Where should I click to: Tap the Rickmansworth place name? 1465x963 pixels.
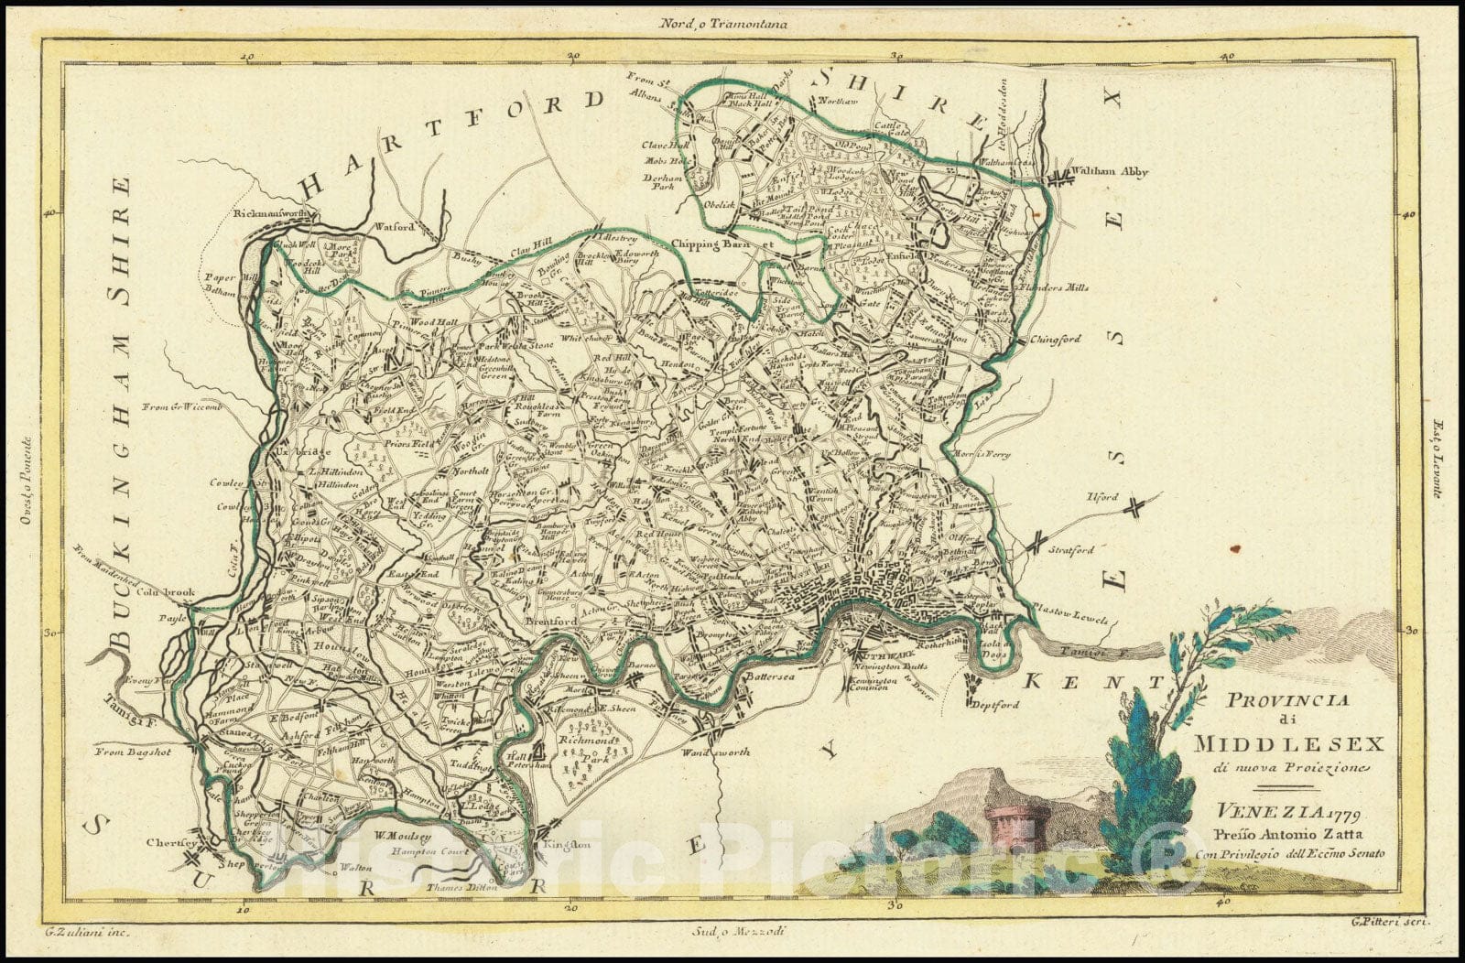click(274, 212)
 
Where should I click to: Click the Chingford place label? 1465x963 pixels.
click(1056, 339)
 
